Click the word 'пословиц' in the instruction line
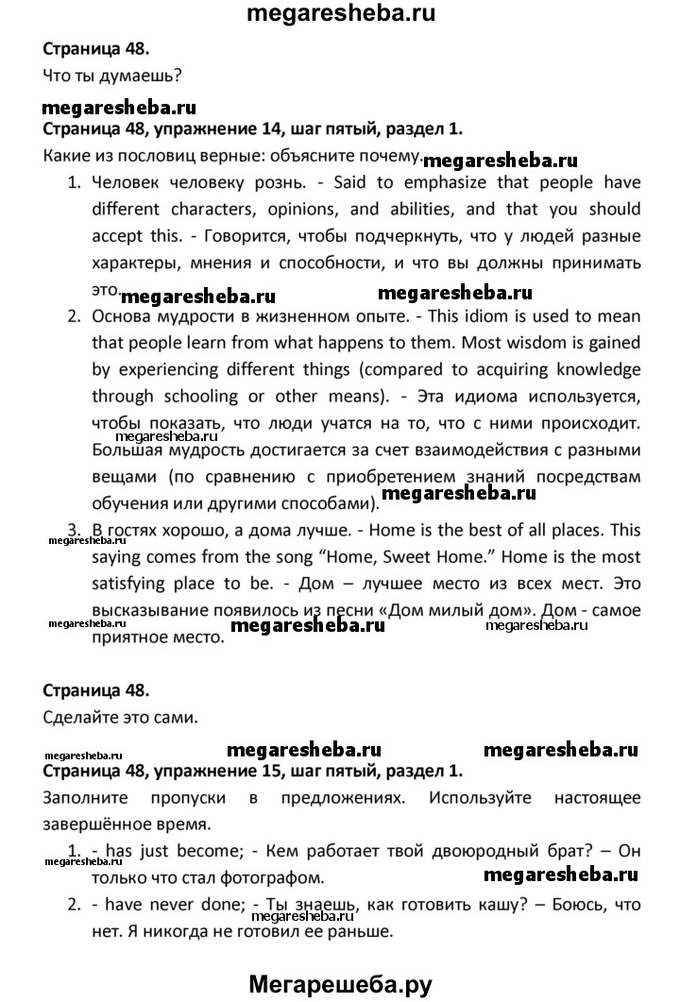[158, 156]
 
